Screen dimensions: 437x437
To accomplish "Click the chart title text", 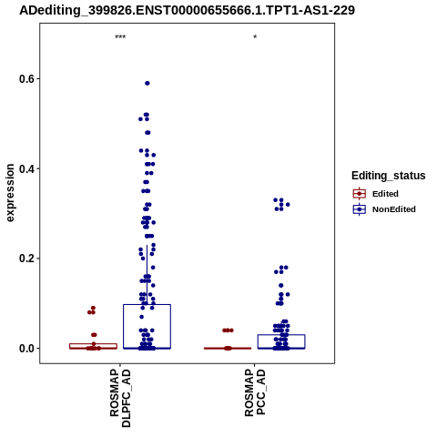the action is (187, 10).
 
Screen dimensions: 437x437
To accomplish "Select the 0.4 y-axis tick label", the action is (25, 168).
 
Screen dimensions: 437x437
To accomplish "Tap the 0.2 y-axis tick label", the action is (25, 259).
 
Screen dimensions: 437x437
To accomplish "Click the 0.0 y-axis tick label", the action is (25, 349).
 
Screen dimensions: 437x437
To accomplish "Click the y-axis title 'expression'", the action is (10, 193).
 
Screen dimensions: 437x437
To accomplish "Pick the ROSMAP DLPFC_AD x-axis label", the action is (120, 398).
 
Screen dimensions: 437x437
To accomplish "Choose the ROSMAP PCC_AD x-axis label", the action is (255, 392).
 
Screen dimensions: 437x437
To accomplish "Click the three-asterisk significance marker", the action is (120, 37).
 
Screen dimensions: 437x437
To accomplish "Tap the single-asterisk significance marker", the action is (255, 37).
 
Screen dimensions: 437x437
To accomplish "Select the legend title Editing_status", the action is (389, 176).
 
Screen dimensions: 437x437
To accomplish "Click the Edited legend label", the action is (385, 194).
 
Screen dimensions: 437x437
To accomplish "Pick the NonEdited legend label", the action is (394, 209).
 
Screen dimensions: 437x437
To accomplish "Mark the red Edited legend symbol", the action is (360, 194).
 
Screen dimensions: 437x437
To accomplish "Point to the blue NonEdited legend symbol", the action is (360, 209).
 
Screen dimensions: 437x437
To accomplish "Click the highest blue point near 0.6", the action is (147, 83).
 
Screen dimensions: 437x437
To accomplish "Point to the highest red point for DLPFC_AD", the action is (93, 308).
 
